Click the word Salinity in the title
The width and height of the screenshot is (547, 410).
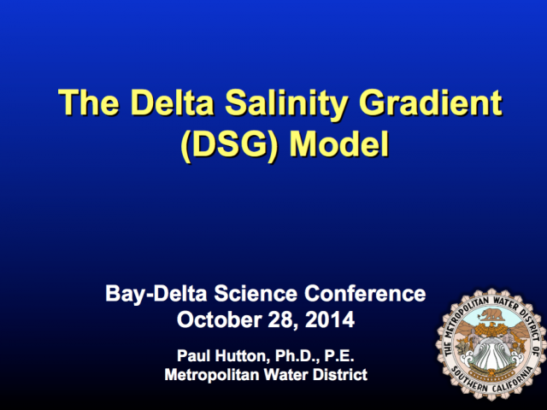(286, 103)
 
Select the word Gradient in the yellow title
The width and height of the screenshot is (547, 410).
(431, 102)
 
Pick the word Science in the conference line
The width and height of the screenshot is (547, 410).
(256, 293)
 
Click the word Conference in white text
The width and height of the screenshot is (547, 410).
(365, 293)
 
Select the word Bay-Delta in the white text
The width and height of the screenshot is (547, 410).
(156, 294)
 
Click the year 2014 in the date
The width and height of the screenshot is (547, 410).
(330, 319)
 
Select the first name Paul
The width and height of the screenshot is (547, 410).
(194, 355)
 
